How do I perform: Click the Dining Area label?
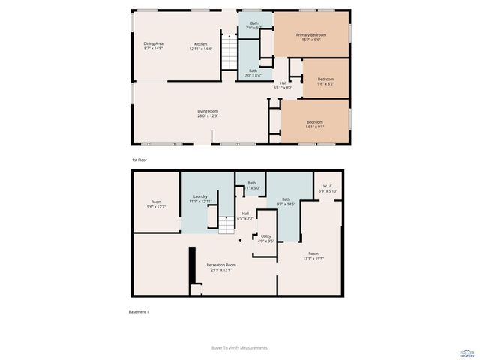[154, 44]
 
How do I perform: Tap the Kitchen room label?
[201, 44]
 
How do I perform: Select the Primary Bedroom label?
[310, 35]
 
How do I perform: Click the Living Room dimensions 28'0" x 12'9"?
[208, 116]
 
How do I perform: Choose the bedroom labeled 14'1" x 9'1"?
[315, 122]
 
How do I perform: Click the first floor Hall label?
[283, 82]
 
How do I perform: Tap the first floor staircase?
[229, 52]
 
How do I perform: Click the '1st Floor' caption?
[139, 160]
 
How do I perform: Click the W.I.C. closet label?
[328, 187]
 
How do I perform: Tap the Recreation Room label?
[221, 265]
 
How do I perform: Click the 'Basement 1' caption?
[140, 312]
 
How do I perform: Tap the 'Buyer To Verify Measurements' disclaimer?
[240, 348]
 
